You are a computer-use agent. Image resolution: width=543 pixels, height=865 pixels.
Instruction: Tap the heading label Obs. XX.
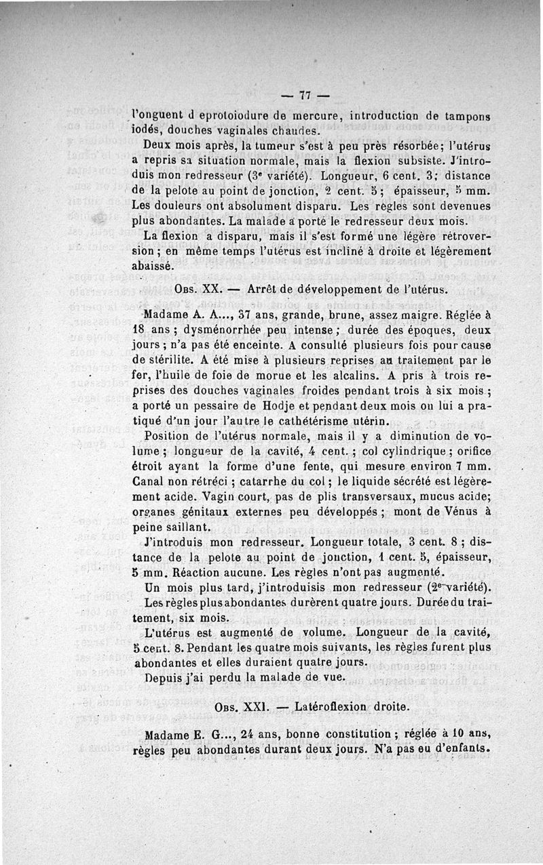click(196, 289)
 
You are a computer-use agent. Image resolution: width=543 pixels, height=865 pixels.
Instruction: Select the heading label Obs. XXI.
click(228, 706)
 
